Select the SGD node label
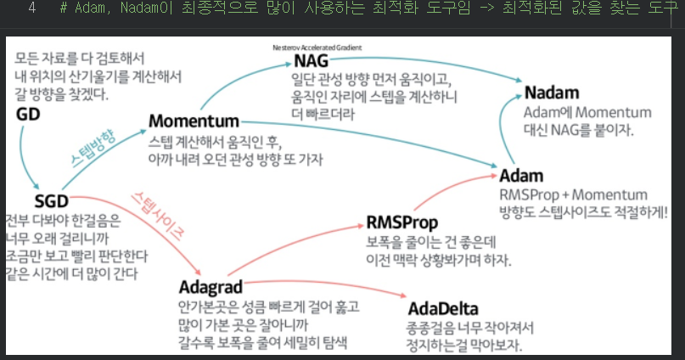pos(50,200)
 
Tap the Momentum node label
pos(194,121)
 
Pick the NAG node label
pos(311,61)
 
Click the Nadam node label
pos(552,93)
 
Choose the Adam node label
pos(521,177)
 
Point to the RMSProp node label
pos(402,222)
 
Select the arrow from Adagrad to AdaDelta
pos(340,287)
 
